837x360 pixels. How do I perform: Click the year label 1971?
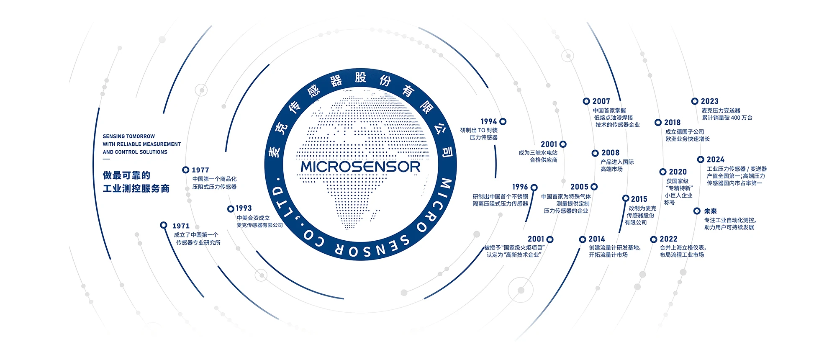click(181, 226)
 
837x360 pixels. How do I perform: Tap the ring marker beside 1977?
click(185, 170)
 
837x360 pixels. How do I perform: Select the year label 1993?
click(244, 208)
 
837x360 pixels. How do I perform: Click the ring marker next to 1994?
click(503, 121)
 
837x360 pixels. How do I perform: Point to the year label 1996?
click(520, 187)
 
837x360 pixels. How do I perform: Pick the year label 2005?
click(579, 187)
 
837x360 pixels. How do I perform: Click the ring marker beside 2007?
click(586, 101)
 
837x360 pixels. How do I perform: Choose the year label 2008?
click(610, 153)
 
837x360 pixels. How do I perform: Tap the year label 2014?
click(596, 239)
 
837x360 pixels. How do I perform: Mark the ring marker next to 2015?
click(626, 198)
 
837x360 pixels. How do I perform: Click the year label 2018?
click(672, 123)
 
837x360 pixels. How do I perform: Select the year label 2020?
click(678, 172)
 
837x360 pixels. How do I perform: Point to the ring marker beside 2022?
click(654, 239)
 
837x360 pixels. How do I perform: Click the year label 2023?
click(709, 101)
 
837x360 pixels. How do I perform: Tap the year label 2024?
click(715, 159)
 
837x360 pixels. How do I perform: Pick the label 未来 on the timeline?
click(710, 211)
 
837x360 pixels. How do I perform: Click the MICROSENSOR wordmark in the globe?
click(360, 167)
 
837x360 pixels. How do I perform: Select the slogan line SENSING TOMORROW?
click(129, 136)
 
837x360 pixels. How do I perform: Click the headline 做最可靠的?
click(126, 175)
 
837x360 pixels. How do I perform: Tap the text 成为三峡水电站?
click(538, 153)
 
